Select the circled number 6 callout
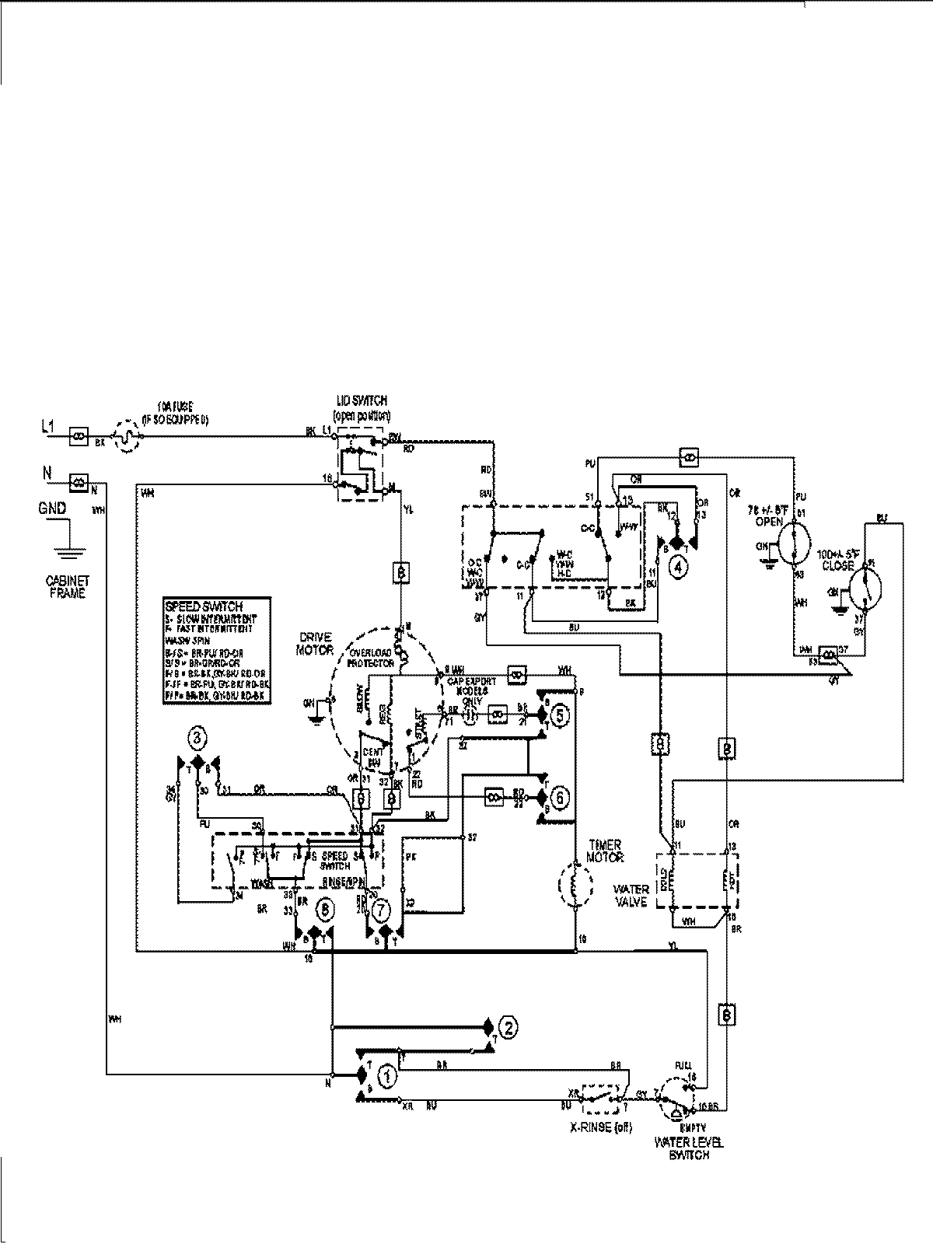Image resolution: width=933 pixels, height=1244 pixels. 558,797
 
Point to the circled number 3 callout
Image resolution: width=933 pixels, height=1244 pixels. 197,737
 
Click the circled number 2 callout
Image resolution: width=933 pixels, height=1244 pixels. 507,1027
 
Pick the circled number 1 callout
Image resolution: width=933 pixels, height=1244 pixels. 386,1076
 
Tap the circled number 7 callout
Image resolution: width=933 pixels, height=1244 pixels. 380,907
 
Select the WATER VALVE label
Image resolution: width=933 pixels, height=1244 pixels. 631,895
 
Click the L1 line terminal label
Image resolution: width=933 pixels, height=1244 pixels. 48,426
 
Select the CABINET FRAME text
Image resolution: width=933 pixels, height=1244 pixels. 67,586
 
